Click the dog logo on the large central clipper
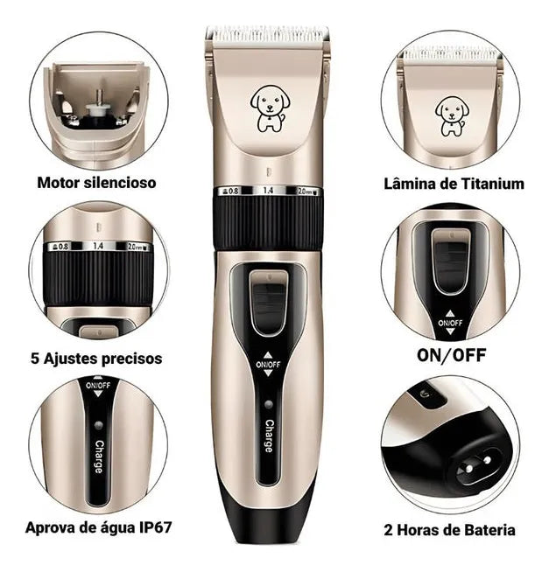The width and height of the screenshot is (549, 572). [x=270, y=108]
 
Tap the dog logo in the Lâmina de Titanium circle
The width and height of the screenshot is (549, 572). [x=452, y=116]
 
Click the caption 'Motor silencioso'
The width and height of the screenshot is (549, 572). [x=97, y=183]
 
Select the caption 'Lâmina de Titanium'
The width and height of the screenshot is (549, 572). [x=454, y=184]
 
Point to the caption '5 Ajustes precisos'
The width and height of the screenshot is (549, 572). [x=96, y=359]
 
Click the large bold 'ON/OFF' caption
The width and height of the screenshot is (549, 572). [x=452, y=355]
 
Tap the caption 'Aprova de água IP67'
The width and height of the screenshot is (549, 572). [x=98, y=528]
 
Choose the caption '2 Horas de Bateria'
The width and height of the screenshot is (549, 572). [x=450, y=530]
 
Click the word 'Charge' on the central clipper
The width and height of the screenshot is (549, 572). [x=269, y=436]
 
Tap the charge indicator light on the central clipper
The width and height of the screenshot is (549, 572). [x=269, y=405]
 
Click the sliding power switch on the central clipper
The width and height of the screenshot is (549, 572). [x=269, y=303]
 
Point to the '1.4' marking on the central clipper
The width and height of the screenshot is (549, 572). [x=269, y=191]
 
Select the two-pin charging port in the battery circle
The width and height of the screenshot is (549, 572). [x=476, y=465]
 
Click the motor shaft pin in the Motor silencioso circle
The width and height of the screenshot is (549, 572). [x=98, y=98]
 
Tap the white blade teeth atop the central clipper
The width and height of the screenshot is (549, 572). [x=268, y=34]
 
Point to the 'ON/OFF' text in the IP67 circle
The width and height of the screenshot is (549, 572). [x=98, y=386]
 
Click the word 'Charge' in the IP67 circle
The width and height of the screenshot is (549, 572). [x=99, y=457]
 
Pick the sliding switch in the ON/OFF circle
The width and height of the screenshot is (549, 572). [x=452, y=262]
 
